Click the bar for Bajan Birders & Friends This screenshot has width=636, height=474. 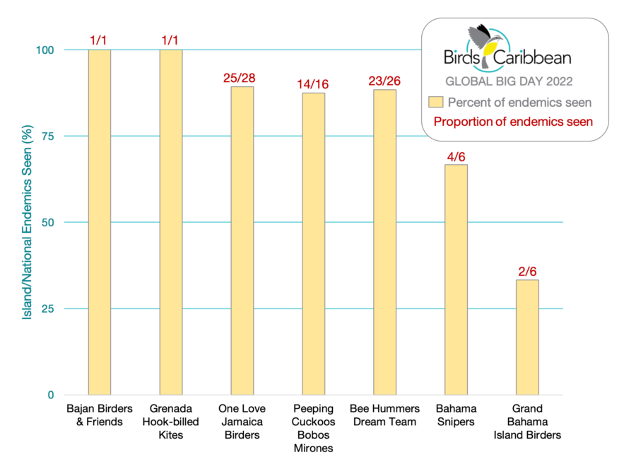pos(99,222)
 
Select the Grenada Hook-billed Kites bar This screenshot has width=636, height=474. pos(171,222)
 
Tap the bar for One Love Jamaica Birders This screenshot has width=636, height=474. pos(242,241)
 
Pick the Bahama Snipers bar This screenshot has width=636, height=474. pos(456,279)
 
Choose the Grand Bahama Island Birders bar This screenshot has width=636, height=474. pos(527,337)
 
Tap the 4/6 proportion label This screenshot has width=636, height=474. pos(456,154)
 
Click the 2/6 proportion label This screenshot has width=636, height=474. pos(527,270)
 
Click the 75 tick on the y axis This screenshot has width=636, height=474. pos(49,136)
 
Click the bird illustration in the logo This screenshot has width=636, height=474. pos(485,42)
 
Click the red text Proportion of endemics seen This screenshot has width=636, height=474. pos(513,121)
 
